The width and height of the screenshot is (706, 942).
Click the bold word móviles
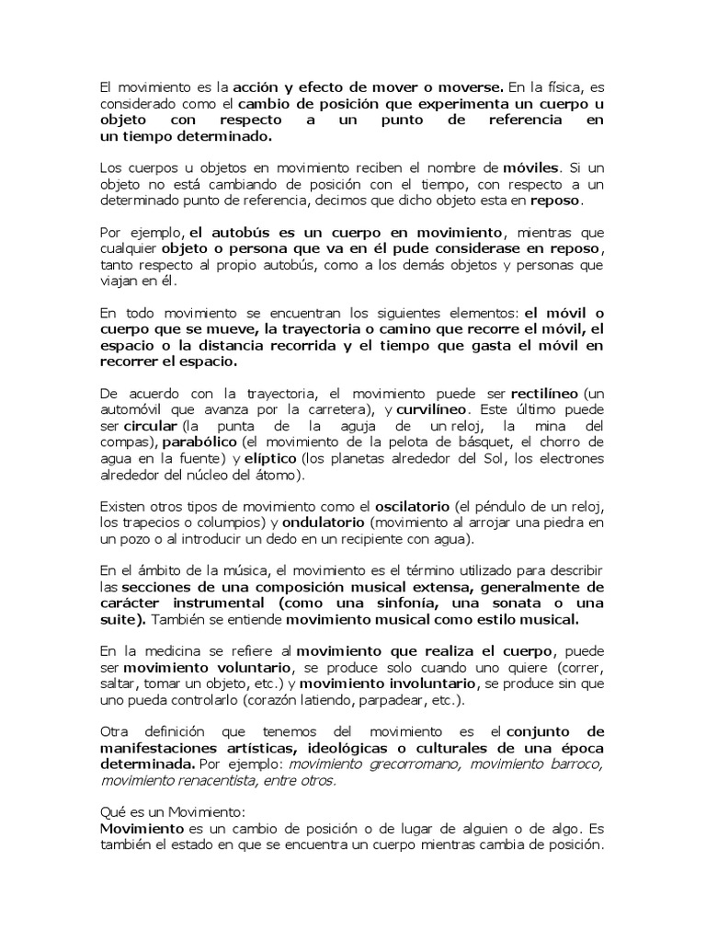click(530, 168)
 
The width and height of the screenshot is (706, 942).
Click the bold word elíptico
click(270, 458)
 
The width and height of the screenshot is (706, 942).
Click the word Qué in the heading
click(110, 813)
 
